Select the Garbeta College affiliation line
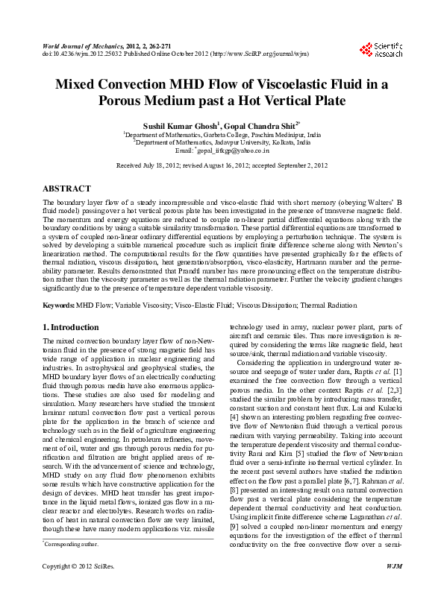[222, 134]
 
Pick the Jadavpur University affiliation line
[222, 142]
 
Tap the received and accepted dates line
[222, 164]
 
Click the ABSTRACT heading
[66, 189]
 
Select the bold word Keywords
[57, 306]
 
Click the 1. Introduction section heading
[71, 327]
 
